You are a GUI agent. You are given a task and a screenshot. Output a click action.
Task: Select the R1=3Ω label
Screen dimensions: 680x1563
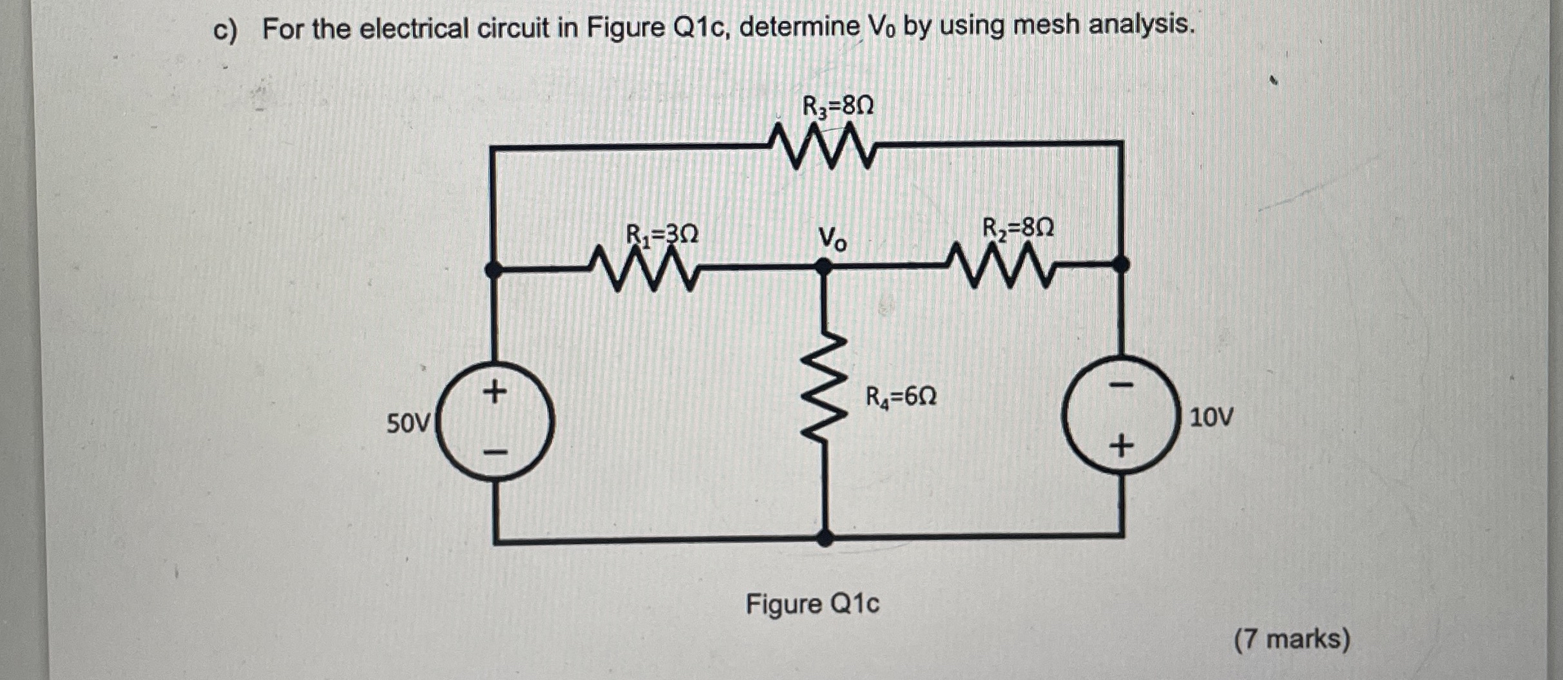tap(662, 235)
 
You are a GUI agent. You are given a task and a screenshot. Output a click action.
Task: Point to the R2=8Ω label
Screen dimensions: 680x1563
tap(1018, 228)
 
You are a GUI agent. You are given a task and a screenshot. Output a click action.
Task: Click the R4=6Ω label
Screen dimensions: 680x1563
tap(900, 396)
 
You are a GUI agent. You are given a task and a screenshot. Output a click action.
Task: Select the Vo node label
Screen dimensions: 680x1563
tap(832, 238)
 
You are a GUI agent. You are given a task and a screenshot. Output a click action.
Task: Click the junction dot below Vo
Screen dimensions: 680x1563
tap(824, 266)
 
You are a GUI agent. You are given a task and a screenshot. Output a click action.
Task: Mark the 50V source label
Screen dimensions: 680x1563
tap(407, 423)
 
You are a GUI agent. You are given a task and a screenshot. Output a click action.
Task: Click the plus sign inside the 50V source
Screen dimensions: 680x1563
tap(494, 391)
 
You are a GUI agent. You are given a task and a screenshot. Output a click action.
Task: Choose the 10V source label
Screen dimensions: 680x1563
tap(1211, 418)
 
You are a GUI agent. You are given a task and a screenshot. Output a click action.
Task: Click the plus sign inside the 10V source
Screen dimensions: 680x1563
tap(1121, 445)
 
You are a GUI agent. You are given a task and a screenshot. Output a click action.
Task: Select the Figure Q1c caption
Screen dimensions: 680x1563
tap(812, 605)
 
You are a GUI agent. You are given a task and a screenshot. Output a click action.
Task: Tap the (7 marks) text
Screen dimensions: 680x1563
tap(1292, 639)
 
